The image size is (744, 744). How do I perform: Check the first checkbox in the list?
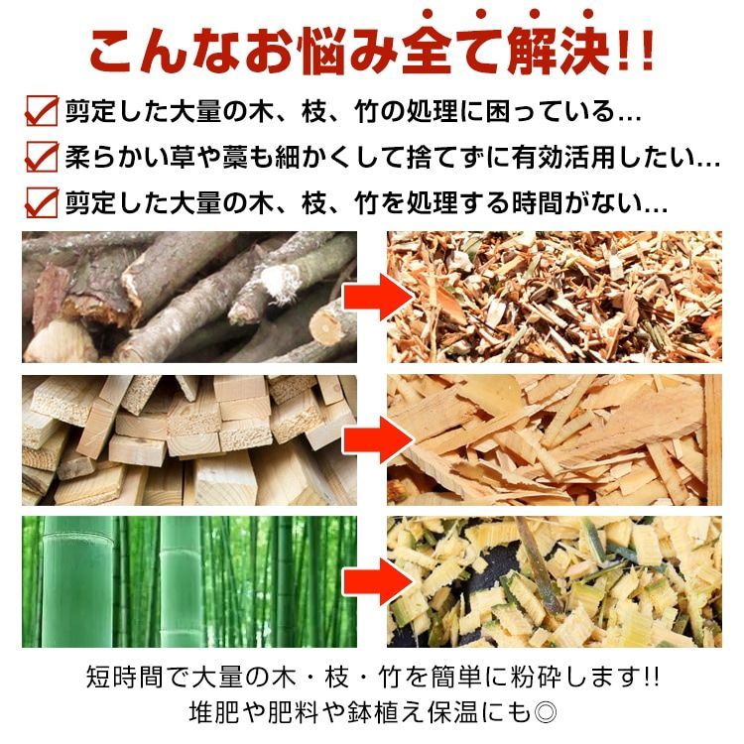(x=41, y=110)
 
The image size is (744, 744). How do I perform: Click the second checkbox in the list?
(x=41, y=156)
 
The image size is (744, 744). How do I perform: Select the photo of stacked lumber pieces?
(x=188, y=439)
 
